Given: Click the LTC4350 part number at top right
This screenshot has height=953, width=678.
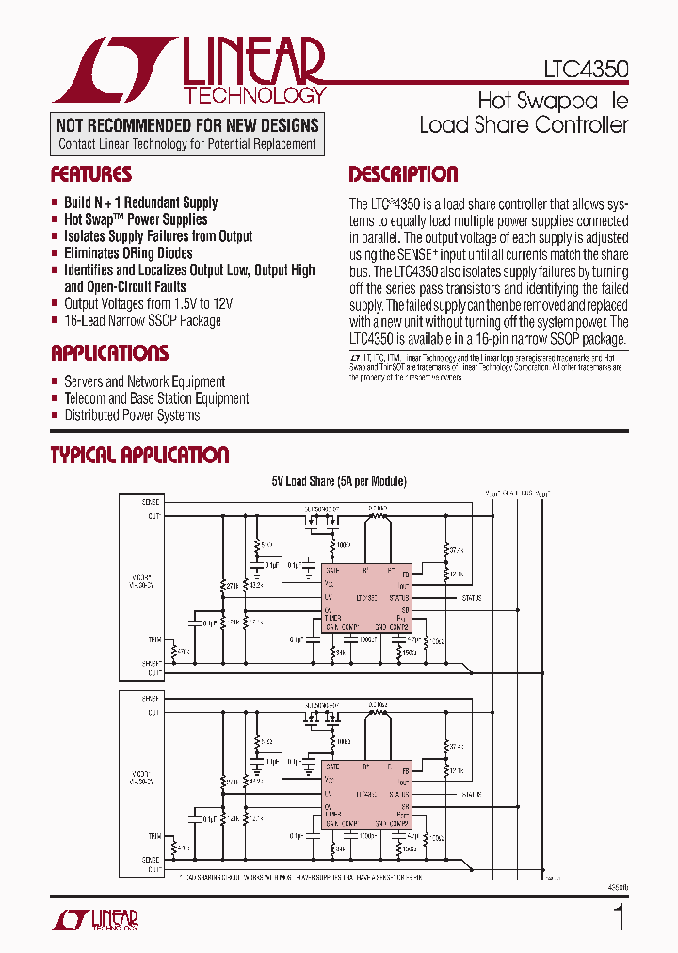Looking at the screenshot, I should point(586,70).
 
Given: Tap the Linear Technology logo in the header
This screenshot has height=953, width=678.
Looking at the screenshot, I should point(189,71).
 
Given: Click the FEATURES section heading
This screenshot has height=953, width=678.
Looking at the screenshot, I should point(90,174).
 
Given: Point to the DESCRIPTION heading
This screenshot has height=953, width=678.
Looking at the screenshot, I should point(403,174).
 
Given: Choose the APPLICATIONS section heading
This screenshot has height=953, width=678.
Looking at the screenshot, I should point(109,353).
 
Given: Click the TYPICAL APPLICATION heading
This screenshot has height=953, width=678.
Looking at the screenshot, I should point(139,456).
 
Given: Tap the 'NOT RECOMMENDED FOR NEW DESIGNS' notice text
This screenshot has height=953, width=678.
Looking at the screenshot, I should point(187,125).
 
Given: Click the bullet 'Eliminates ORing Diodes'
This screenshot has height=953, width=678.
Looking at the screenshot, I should point(128,252).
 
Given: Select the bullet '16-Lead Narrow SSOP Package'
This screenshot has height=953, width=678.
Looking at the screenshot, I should point(142,320).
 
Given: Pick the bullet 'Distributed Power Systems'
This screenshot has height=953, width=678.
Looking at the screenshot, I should point(132,414).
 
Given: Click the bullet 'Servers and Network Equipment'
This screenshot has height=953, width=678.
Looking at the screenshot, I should point(144,381).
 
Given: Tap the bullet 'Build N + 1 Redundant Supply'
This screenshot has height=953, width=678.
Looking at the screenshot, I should point(140,202).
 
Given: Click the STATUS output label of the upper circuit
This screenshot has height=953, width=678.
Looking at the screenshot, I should point(472,598).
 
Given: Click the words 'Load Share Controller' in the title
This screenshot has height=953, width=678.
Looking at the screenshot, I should point(523,124).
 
